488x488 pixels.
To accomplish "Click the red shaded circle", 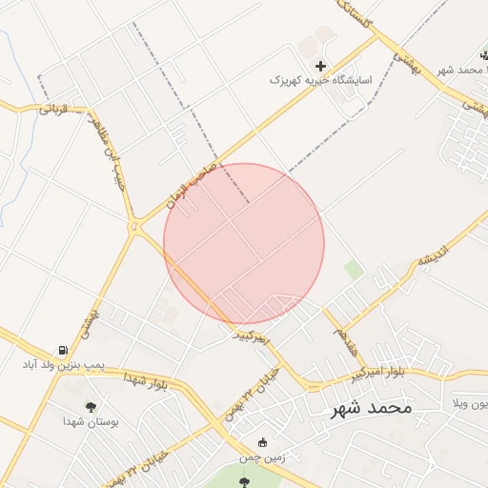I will (x=244, y=243).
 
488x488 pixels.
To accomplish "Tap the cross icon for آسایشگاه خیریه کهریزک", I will (x=320, y=66).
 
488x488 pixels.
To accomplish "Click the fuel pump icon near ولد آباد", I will (x=63, y=351).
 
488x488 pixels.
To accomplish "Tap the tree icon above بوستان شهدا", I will (x=91, y=407).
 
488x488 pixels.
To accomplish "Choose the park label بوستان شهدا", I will (x=91, y=421).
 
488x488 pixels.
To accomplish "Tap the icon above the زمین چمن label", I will (x=263, y=443).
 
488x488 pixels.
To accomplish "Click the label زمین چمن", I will (x=262, y=458).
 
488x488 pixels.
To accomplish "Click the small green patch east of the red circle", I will (x=354, y=270).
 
